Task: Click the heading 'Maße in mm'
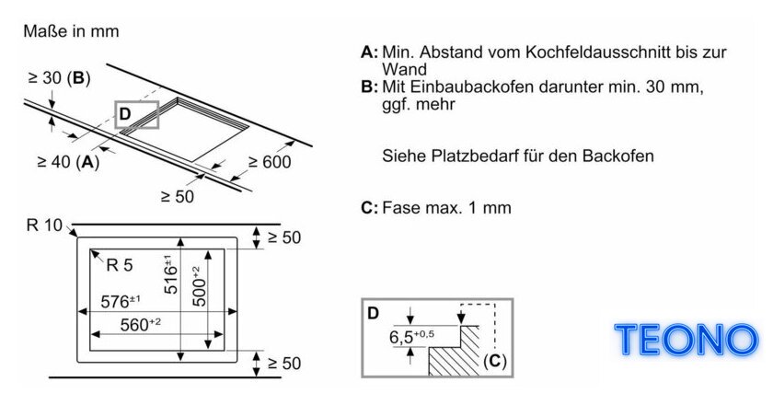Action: [x=71, y=31]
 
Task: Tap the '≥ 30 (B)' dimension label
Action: [x=59, y=78]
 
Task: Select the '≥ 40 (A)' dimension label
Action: [x=68, y=161]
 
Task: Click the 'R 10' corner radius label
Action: [x=44, y=226]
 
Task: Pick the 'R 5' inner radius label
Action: [x=120, y=265]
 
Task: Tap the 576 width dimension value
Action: [x=121, y=301]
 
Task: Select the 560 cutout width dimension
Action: [x=141, y=325]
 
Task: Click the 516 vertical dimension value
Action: [x=170, y=274]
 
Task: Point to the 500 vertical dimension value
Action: [x=198, y=286]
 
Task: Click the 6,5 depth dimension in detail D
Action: [x=411, y=337]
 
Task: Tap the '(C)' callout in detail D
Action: [x=494, y=361]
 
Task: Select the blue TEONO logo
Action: [x=686, y=340]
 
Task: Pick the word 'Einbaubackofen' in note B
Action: [x=472, y=87]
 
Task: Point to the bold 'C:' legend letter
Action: [x=369, y=208]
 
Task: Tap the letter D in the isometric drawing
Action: [x=125, y=114]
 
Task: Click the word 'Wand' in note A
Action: [x=404, y=68]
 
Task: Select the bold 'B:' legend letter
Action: [x=369, y=87]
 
